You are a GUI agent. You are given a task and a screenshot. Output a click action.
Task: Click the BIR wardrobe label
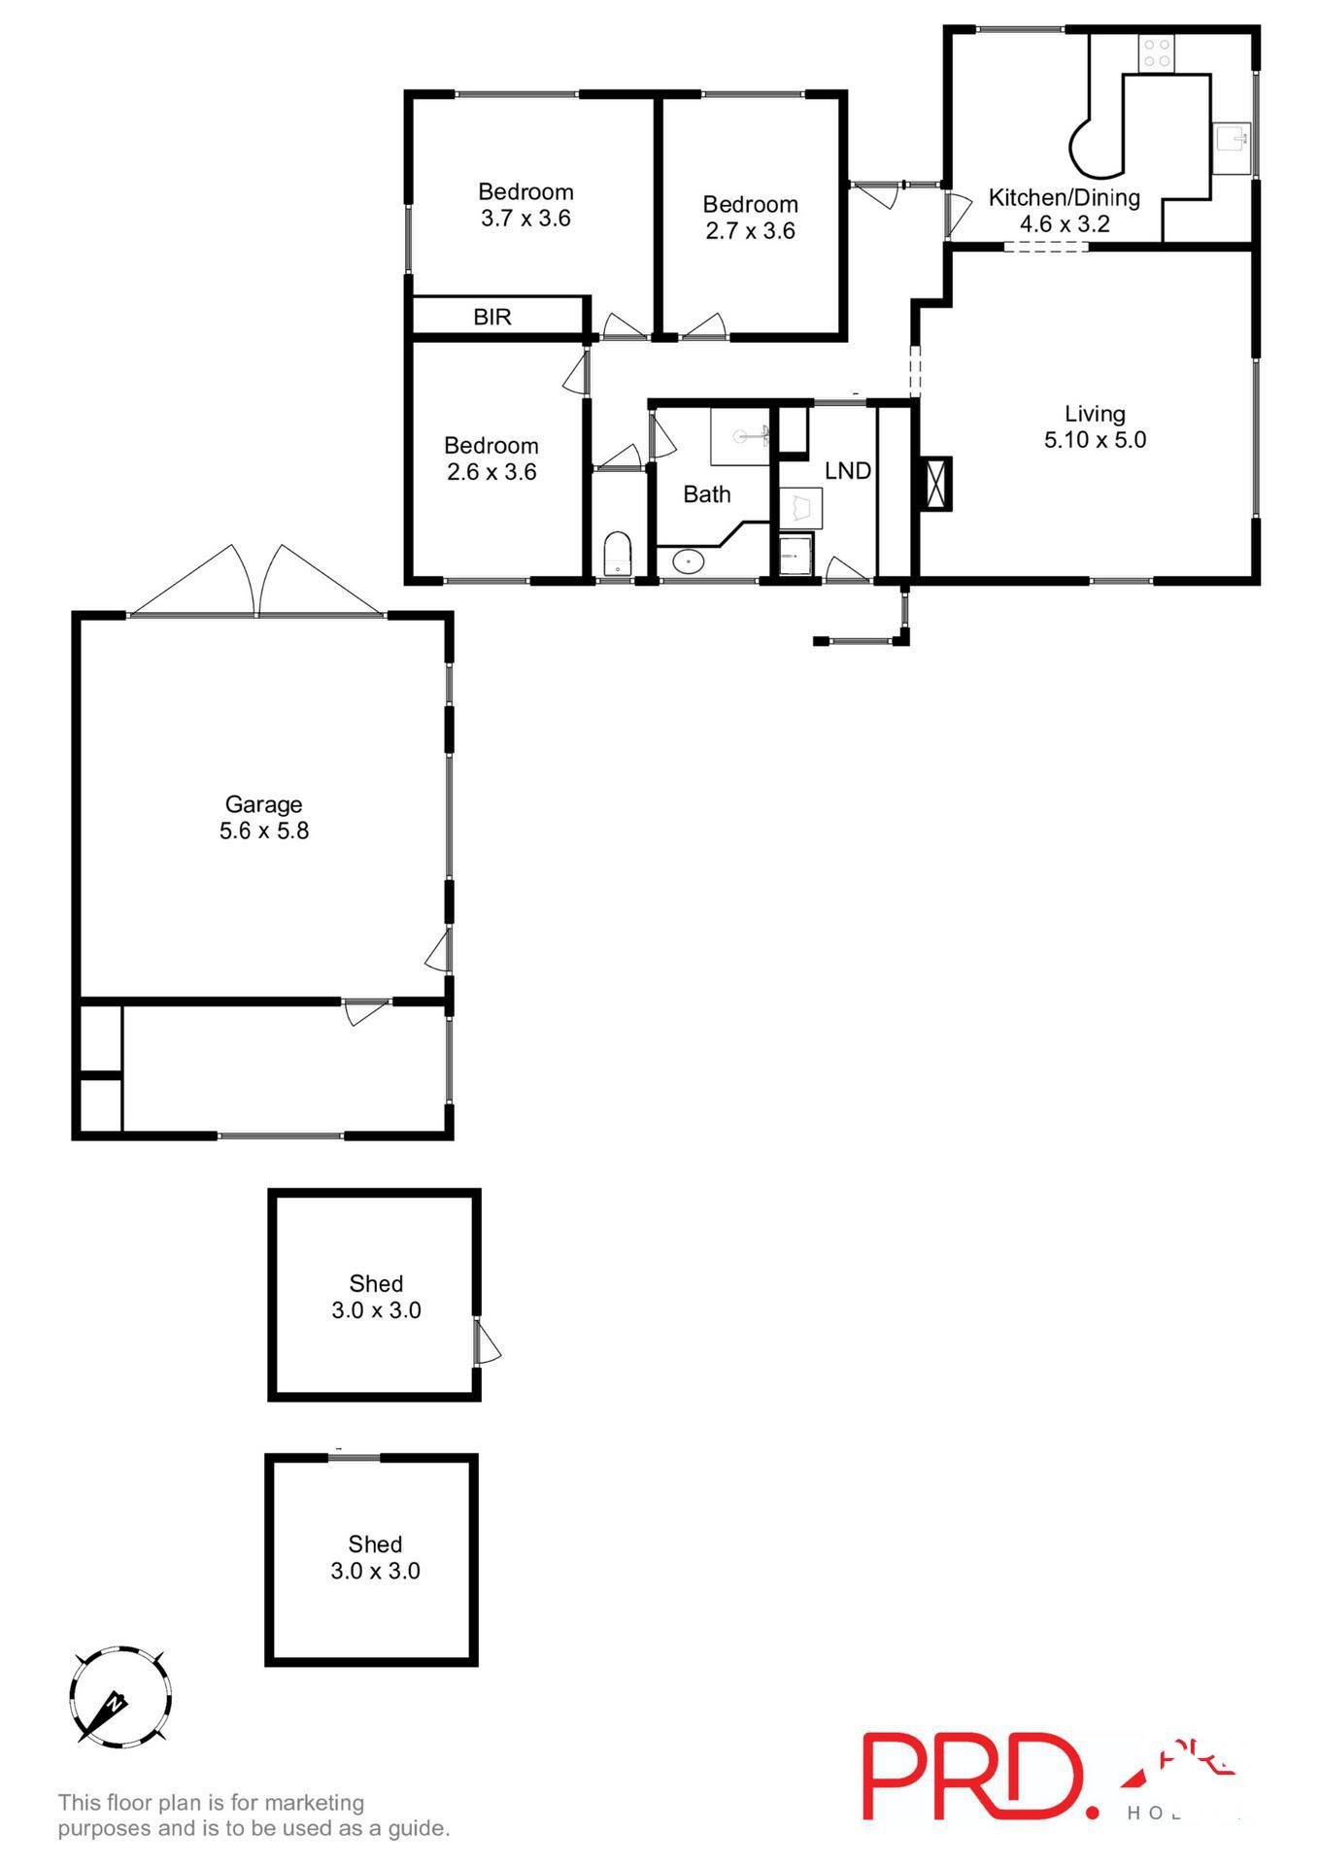(491, 317)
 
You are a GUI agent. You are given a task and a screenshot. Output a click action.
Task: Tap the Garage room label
(263, 804)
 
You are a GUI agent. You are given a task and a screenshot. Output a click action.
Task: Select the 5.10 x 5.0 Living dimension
(1095, 440)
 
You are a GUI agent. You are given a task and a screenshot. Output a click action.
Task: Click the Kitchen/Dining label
(1064, 198)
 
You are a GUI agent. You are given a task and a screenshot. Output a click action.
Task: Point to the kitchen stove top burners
(1156, 52)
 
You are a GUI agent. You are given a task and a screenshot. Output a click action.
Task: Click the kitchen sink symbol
(1232, 142)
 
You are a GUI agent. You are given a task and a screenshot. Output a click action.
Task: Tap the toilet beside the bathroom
(617, 555)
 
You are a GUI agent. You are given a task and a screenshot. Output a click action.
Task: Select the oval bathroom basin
(689, 560)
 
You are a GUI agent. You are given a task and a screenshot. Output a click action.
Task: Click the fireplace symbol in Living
(936, 483)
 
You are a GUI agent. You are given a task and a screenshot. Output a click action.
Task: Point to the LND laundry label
(847, 471)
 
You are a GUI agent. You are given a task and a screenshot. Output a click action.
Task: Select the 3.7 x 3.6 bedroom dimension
(525, 219)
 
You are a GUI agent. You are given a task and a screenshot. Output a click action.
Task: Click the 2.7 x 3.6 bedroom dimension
(750, 231)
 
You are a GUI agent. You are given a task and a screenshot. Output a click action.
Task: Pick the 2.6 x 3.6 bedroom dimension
(491, 472)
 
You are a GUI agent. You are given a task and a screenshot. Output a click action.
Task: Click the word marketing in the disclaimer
(314, 1803)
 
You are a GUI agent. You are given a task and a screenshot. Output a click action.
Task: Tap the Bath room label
(706, 494)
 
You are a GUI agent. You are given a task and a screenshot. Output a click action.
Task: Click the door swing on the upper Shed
(487, 1343)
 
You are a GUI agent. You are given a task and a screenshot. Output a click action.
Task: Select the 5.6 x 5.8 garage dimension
(263, 831)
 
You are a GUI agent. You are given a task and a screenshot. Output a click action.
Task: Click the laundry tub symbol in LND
(801, 508)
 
